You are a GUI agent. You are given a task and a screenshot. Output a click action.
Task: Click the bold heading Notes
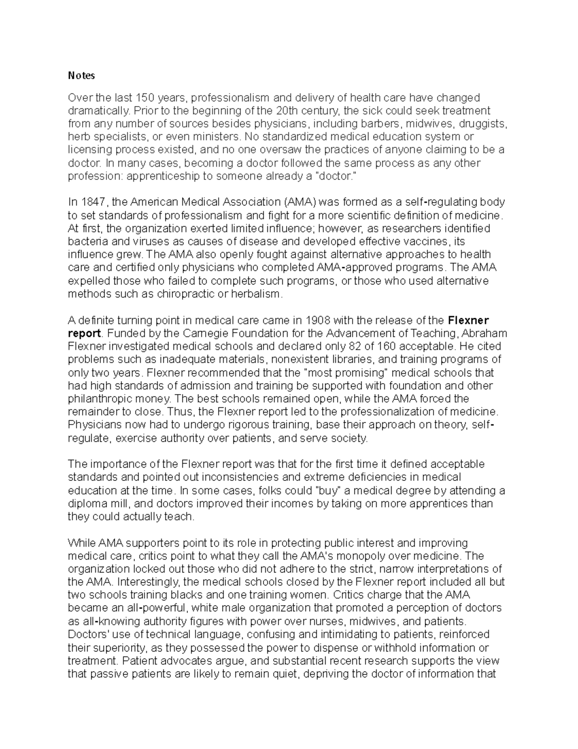pyautogui.click(x=81, y=76)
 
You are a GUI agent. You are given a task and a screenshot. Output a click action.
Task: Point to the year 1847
pyautogui.click(x=94, y=202)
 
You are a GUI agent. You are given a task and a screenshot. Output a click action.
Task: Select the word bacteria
pyautogui.click(x=86, y=241)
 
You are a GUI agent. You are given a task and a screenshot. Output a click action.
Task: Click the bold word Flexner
pyautogui.click(x=468, y=320)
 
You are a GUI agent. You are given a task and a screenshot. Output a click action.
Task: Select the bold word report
pyautogui.click(x=84, y=333)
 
